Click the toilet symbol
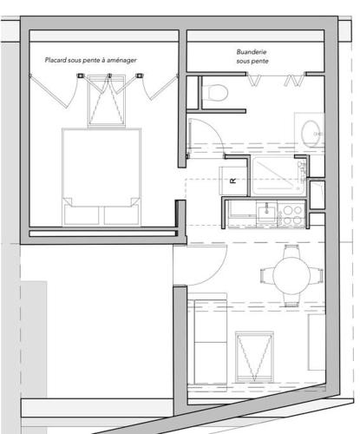click(x=214, y=93)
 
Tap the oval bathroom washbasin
click(x=311, y=134)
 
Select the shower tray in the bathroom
click(x=279, y=176)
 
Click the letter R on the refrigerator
click(x=232, y=181)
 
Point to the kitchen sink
click(x=266, y=212)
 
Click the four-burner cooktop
click(x=291, y=214)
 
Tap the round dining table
click(x=291, y=275)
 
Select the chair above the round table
click(x=291, y=251)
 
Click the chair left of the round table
click(x=267, y=275)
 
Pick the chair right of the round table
click(x=317, y=275)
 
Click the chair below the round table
click(x=291, y=299)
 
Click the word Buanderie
click(x=252, y=52)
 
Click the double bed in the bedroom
click(x=101, y=177)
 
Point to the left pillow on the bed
click(x=82, y=215)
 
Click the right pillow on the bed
click(x=121, y=215)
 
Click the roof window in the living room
click(x=254, y=357)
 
